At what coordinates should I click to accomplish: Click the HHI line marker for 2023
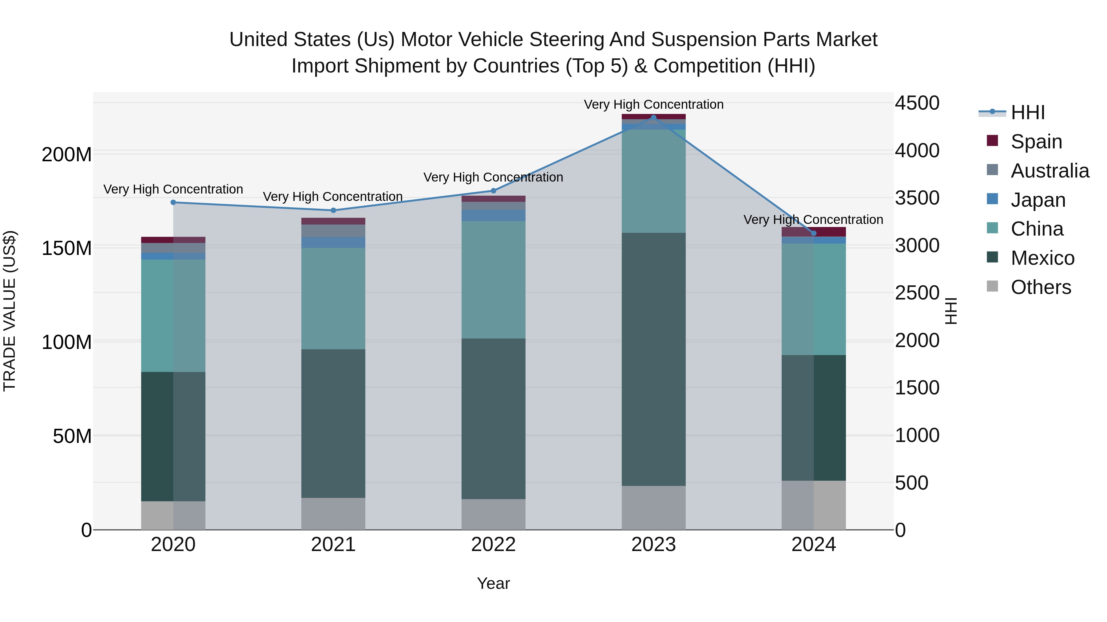pos(654,117)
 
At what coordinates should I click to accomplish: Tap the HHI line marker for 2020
pos(173,202)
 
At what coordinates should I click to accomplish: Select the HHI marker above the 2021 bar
pos(333,210)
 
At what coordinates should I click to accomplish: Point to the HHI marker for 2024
pos(813,233)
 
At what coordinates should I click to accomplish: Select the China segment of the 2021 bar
pos(333,298)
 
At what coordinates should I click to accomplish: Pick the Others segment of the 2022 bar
pos(493,514)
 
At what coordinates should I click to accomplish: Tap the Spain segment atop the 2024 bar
pos(813,231)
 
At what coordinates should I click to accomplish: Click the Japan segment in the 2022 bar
pos(493,216)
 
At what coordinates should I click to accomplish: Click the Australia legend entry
pos(1049,170)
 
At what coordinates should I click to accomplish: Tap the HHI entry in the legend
pos(1027,112)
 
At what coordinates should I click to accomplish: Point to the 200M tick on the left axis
pos(67,154)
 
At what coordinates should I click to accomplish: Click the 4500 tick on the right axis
pos(917,103)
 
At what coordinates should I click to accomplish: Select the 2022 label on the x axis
pos(493,545)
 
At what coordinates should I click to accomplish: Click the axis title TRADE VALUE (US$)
pos(10,311)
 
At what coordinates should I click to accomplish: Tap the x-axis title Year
pos(493,583)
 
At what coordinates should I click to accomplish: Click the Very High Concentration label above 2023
pos(654,104)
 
